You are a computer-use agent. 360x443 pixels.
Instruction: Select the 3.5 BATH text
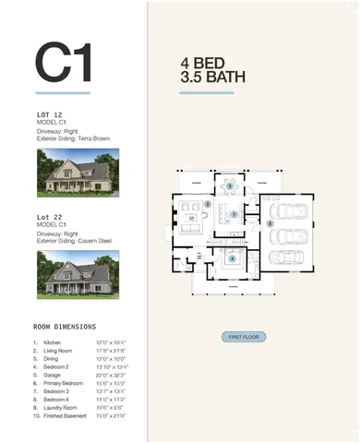214,78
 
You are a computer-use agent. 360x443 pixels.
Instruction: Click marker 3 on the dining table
230,186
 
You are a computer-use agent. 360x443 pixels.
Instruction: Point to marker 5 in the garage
270,223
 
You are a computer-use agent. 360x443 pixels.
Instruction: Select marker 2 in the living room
209,204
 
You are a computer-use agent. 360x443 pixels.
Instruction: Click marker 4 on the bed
233,259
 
